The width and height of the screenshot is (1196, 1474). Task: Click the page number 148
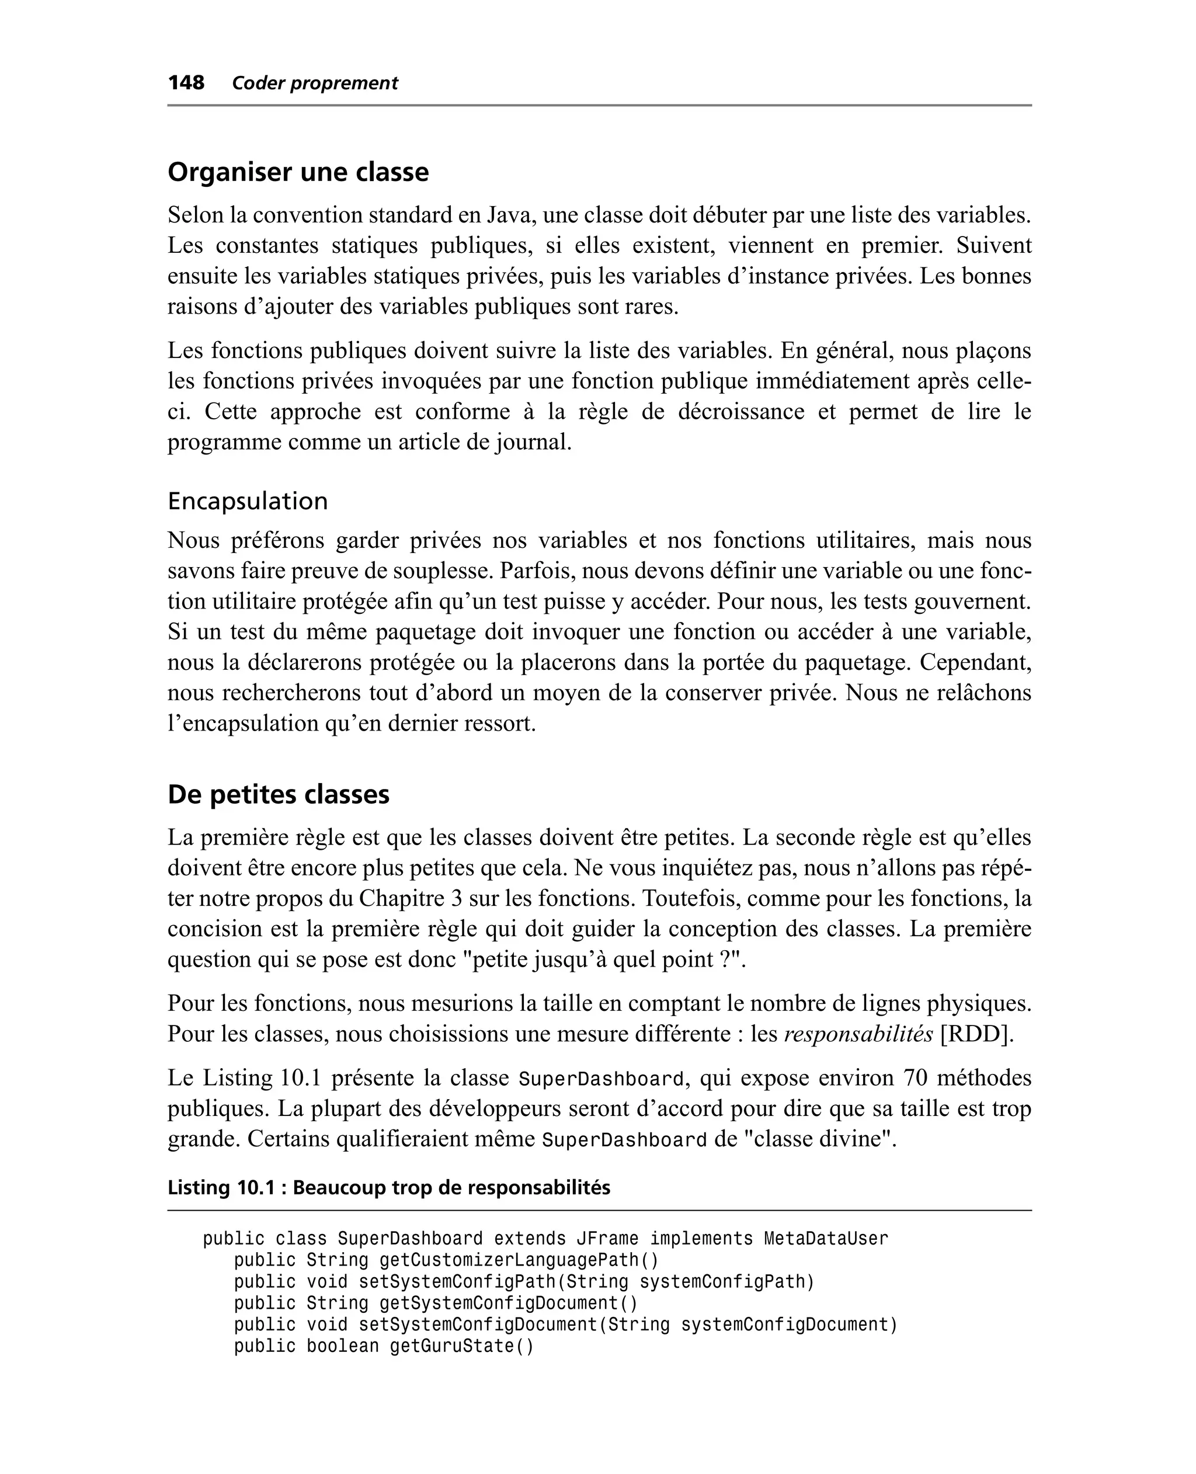186,83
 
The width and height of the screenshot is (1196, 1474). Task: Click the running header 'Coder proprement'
315,84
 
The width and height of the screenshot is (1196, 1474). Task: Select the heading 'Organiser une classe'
298,172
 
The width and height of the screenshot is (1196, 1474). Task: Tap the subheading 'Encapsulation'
248,500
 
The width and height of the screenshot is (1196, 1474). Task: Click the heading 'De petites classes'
279,794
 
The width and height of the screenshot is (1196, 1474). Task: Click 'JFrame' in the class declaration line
607,1239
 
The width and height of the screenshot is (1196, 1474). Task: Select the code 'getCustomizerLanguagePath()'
519,1260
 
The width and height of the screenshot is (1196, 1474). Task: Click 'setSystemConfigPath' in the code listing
457,1282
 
